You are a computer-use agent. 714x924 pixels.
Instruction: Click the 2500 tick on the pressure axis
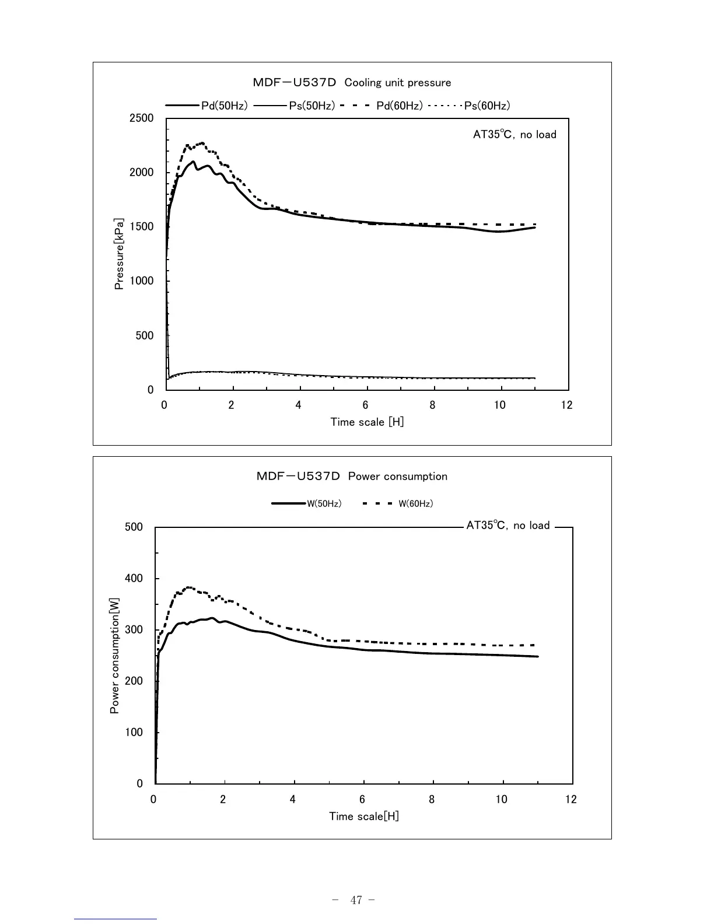coord(142,118)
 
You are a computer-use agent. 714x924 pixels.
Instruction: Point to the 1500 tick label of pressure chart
coord(142,227)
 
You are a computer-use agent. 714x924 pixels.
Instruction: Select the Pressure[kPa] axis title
coord(119,254)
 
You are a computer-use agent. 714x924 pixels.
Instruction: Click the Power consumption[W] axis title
coord(114,655)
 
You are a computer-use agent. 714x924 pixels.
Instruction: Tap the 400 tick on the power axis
coord(134,579)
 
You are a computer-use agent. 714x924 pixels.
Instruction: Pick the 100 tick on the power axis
coord(134,733)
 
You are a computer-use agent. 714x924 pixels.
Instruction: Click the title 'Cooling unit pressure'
coord(398,83)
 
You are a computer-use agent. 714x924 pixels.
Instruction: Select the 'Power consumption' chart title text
coord(398,477)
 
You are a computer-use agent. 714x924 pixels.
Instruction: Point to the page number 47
coord(356,900)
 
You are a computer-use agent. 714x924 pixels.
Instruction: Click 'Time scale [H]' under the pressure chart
coord(367,422)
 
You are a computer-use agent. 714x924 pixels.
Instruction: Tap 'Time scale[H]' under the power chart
coord(364,816)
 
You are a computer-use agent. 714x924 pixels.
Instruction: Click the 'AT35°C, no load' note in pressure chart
coord(514,135)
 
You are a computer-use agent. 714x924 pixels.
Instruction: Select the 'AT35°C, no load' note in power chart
coord(508,526)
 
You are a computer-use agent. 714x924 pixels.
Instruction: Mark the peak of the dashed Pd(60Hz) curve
coord(202,142)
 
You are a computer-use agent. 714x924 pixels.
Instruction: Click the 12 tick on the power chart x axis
coord(571,799)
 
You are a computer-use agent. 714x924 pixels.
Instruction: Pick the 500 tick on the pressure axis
coord(145,336)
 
